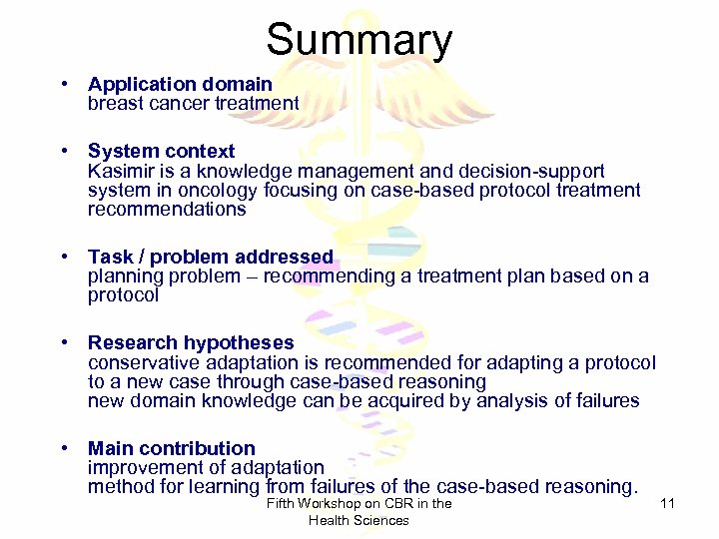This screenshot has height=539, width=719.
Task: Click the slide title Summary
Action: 359,40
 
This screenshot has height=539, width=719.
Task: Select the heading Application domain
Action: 180,85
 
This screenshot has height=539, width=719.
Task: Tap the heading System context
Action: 161,152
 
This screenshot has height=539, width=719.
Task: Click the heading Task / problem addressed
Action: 210,258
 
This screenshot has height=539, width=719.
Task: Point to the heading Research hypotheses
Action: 191,343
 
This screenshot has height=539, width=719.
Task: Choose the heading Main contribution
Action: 171,448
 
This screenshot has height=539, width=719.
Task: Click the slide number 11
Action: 668,504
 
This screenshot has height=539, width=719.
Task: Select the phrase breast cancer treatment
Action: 193,103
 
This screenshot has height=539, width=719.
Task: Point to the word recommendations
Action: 166,210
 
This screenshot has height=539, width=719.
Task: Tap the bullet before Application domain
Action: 63,85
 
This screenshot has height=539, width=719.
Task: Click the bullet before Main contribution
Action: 63,448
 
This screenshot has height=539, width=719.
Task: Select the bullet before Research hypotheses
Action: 63,343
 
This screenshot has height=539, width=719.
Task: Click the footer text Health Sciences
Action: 359,520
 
